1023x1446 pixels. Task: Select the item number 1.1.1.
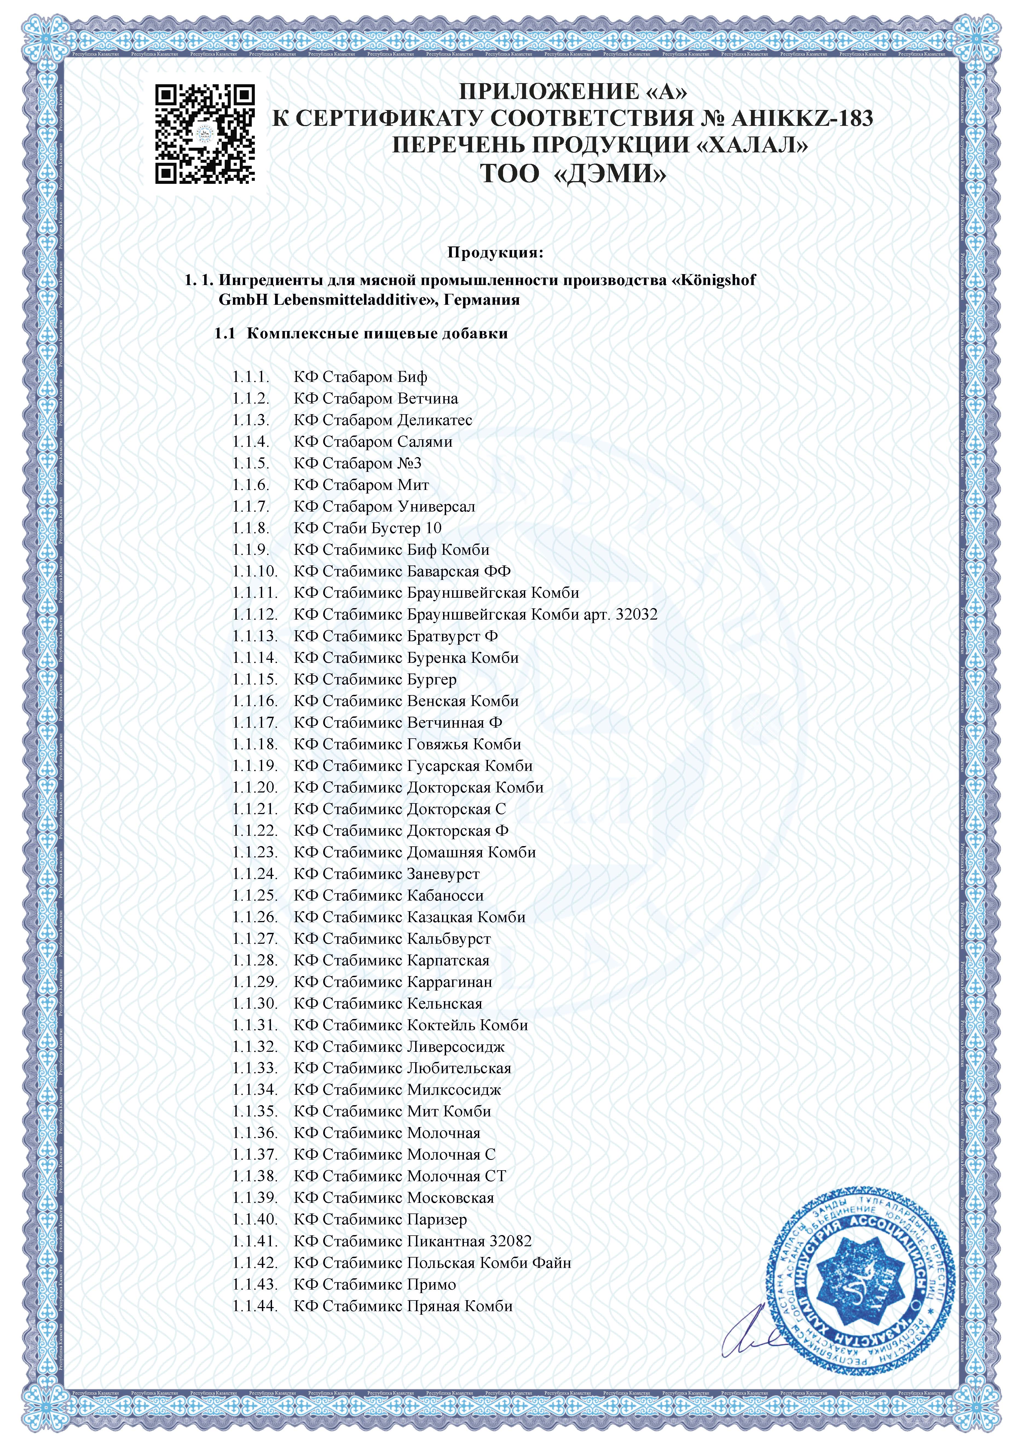tap(251, 377)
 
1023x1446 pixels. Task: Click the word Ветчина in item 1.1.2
tap(428, 399)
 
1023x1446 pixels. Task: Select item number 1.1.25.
tap(255, 896)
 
